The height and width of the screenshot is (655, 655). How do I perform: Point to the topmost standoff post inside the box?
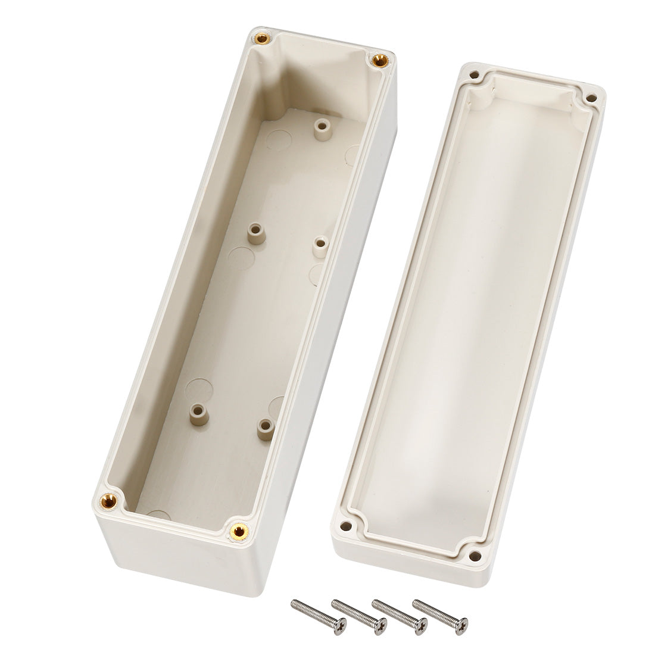322,126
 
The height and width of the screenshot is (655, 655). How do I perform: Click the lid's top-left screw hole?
474,76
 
